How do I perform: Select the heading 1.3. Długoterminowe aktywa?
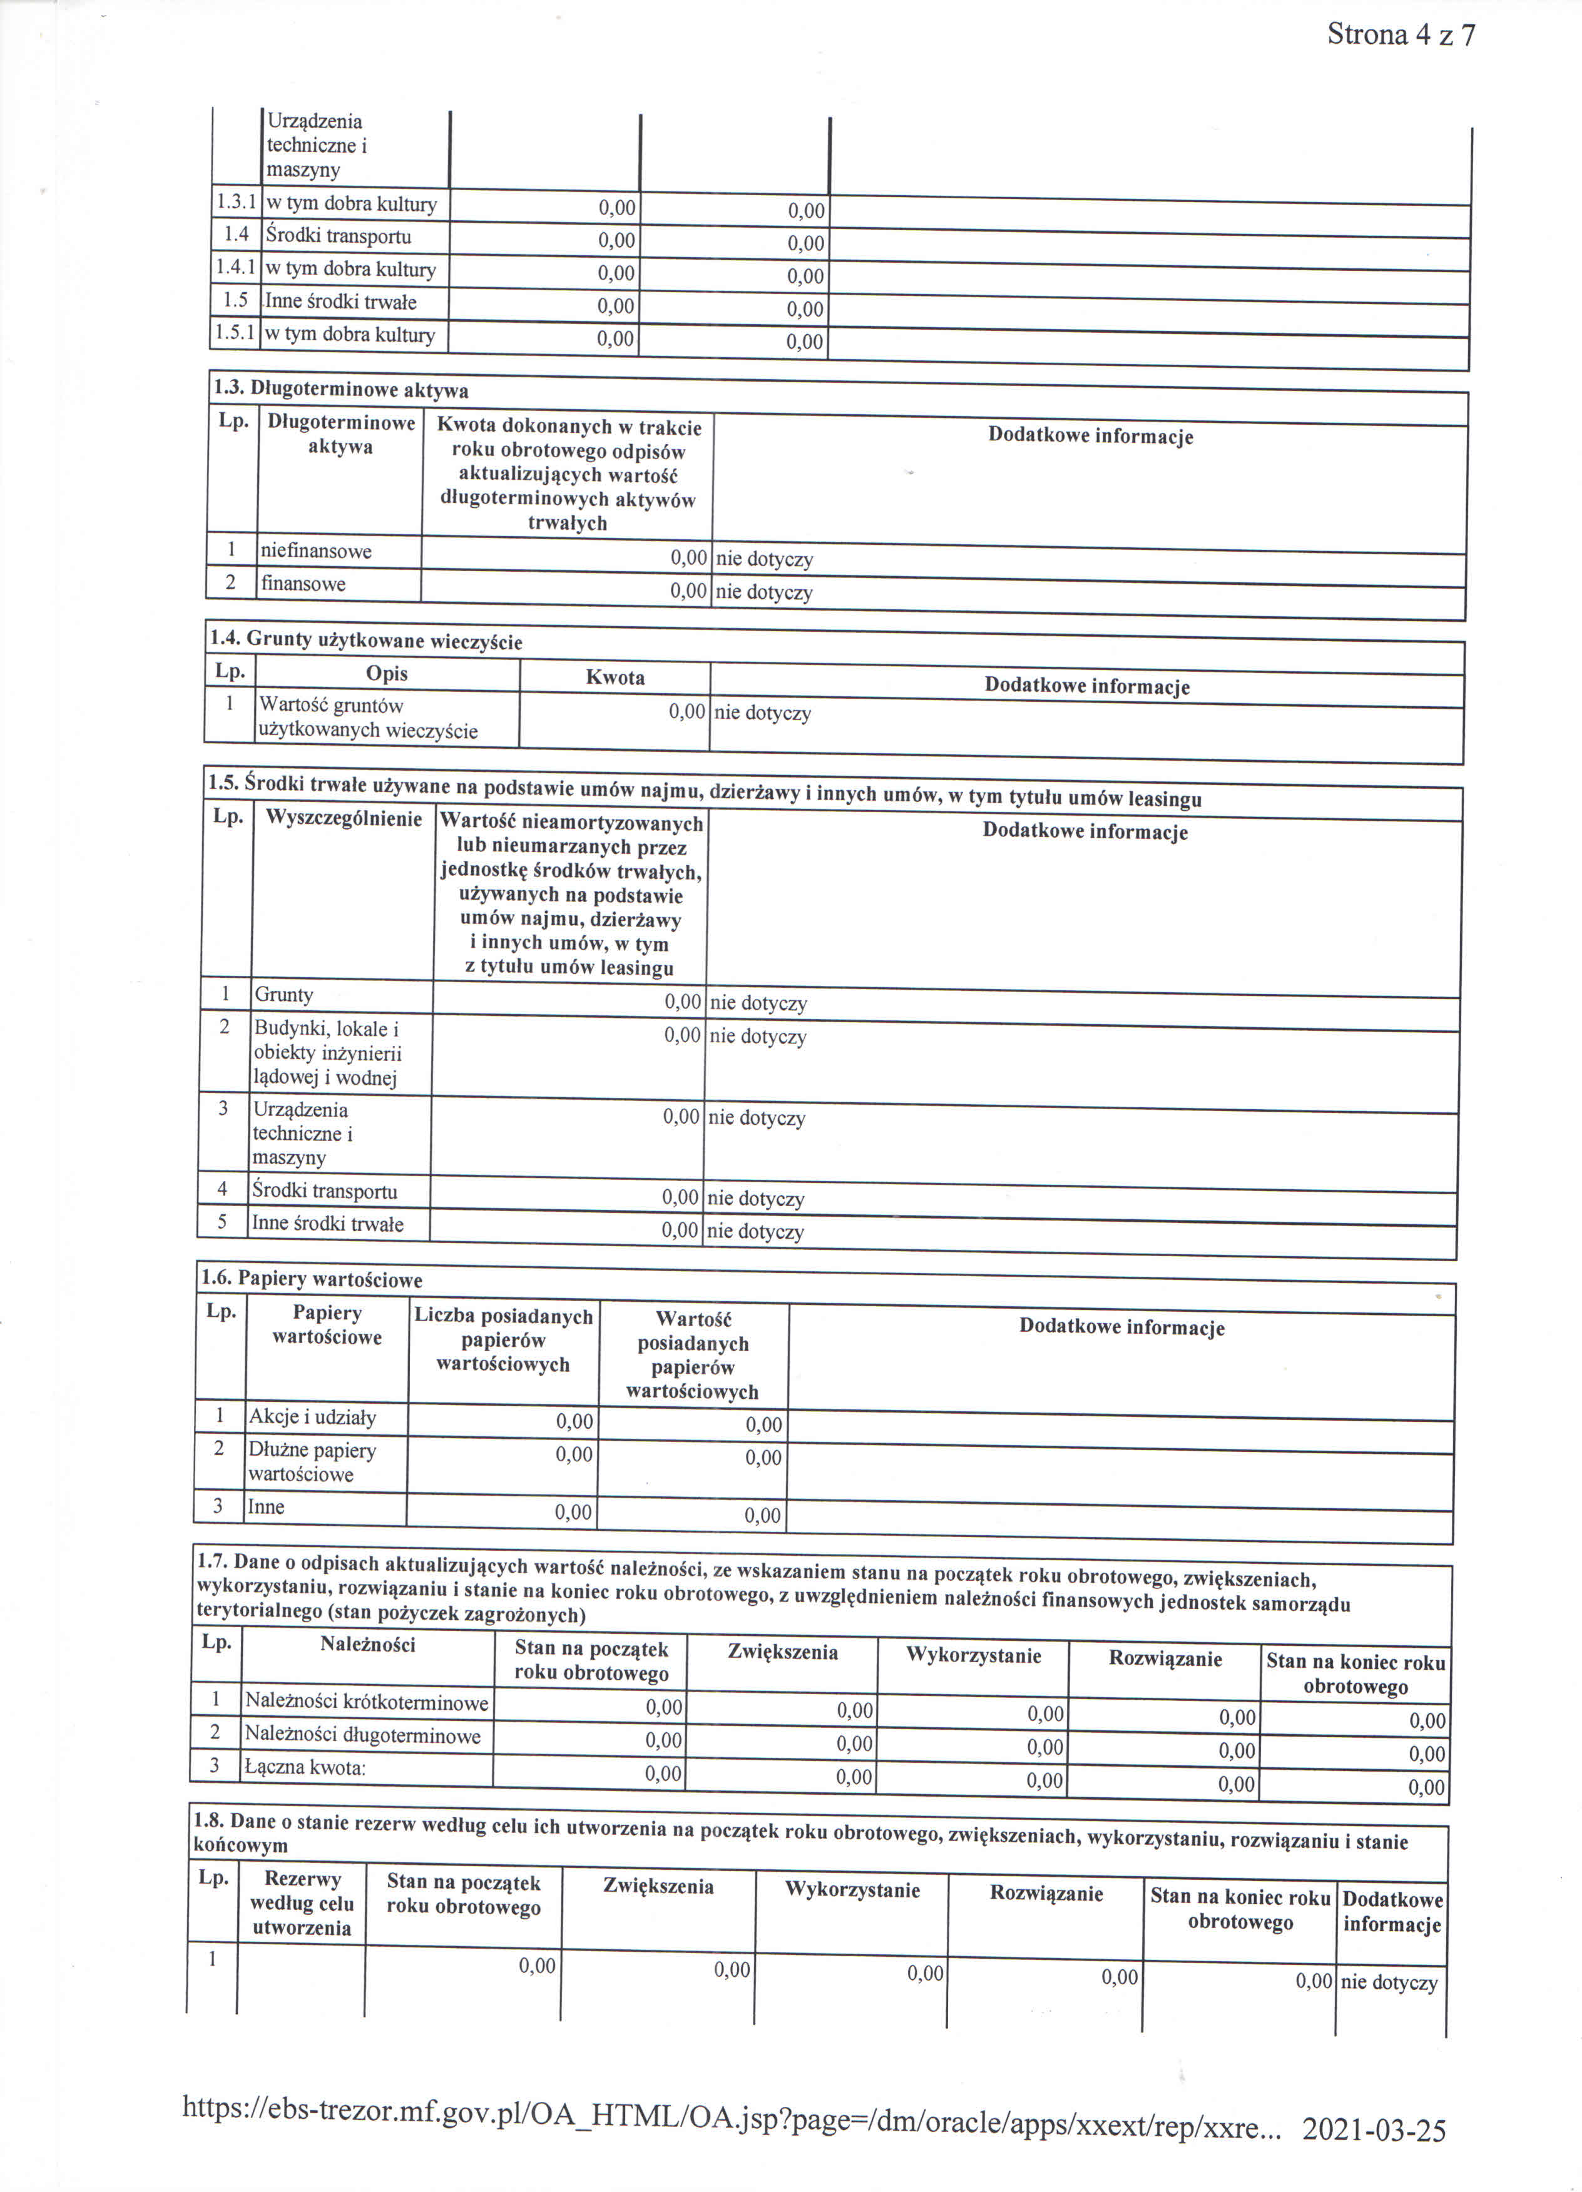(340, 390)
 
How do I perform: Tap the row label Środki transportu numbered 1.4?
(339, 236)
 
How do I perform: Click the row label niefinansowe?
(316, 551)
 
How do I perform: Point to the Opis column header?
(387, 674)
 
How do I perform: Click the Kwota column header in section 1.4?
(615, 676)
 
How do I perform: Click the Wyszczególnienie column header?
(344, 819)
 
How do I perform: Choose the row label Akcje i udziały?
(312, 1417)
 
